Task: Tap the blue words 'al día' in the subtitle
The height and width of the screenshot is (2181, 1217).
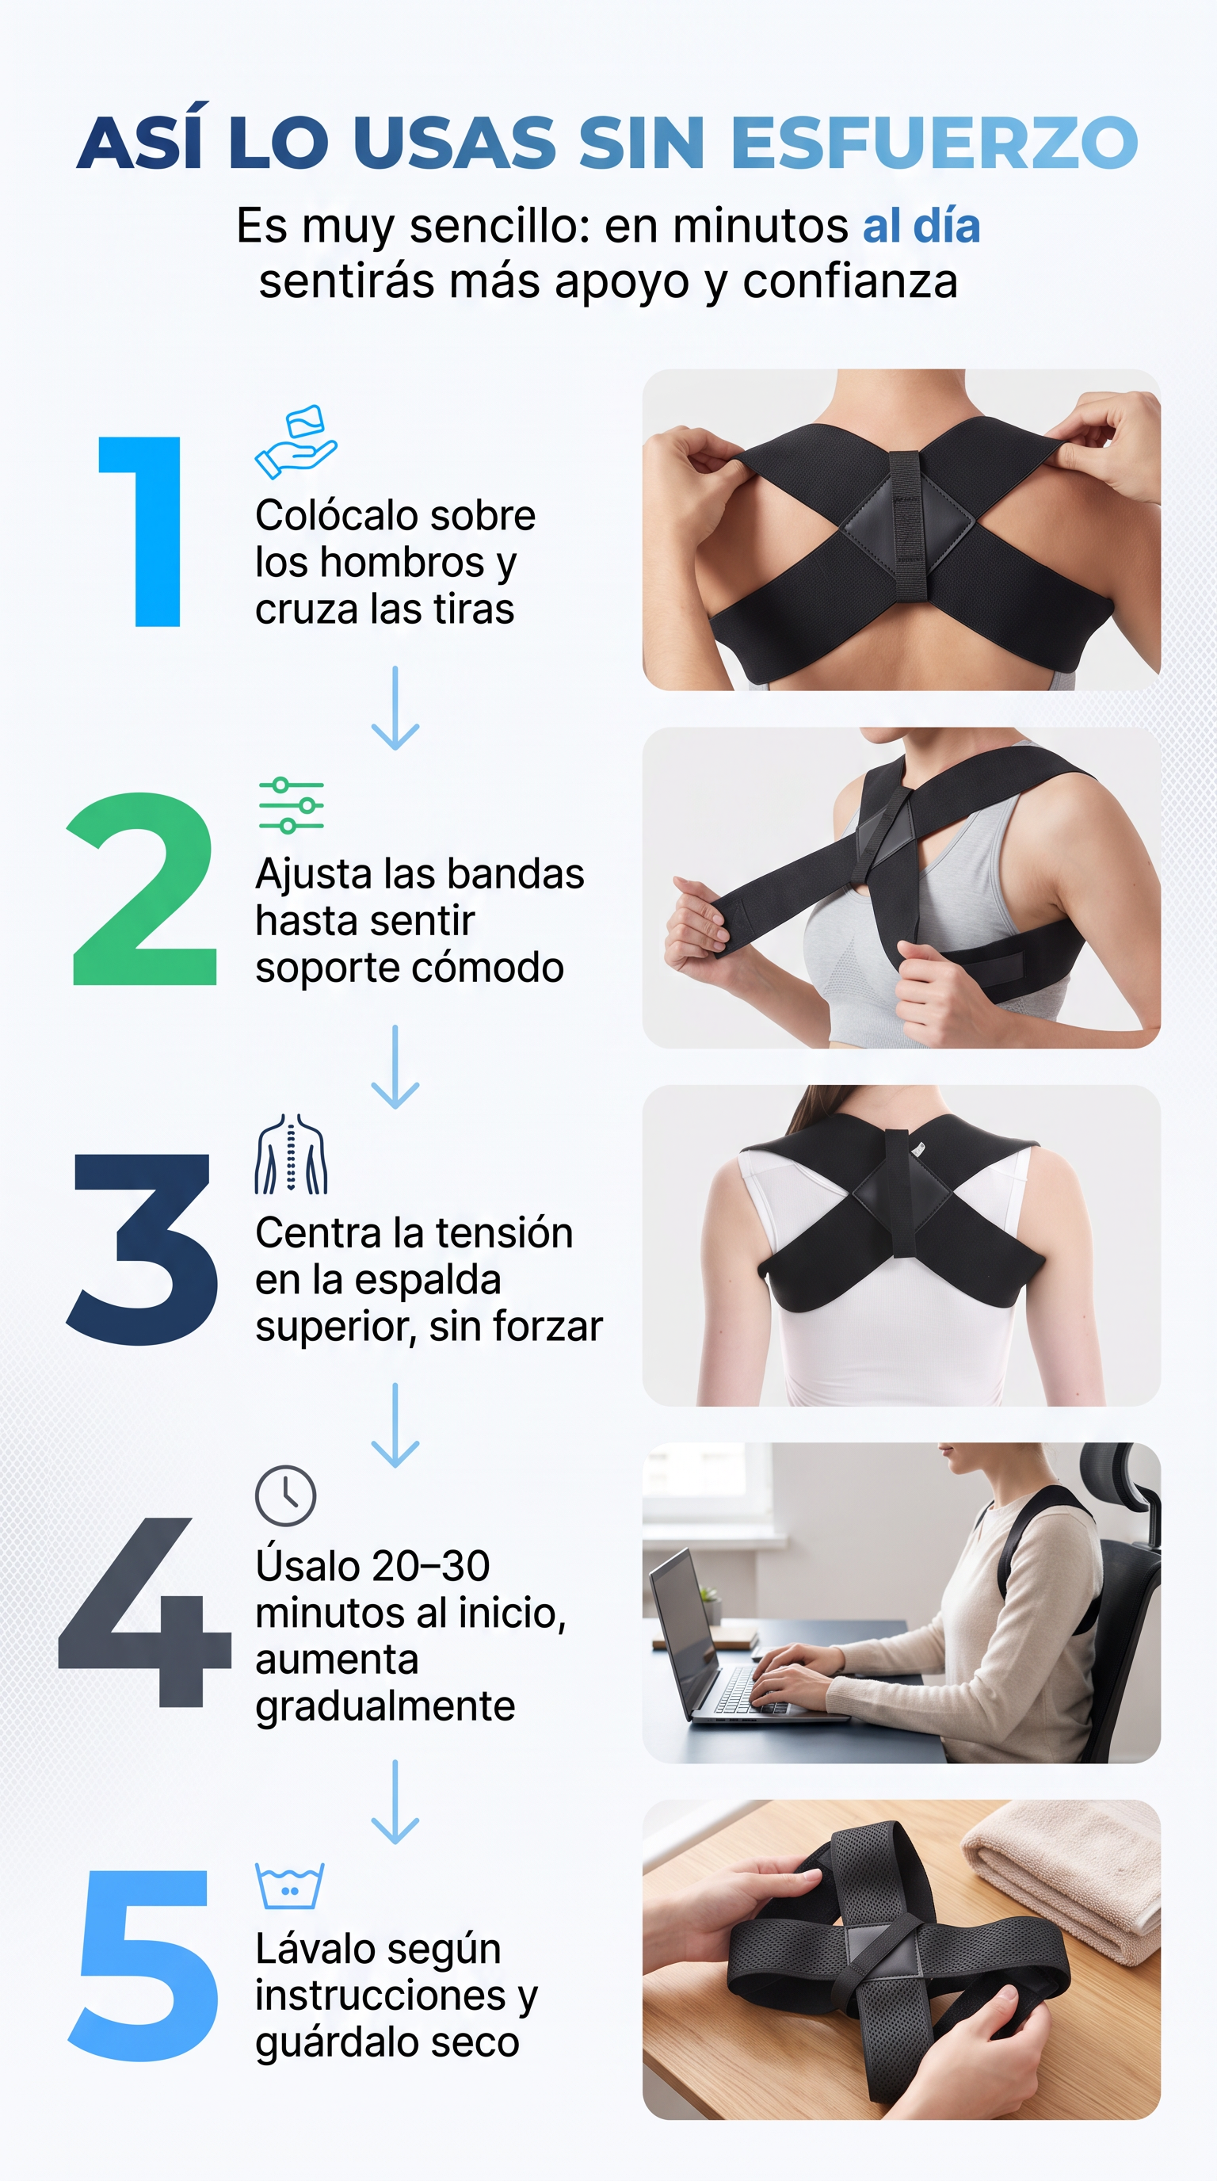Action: point(921,226)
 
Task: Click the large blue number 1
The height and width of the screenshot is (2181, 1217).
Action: point(141,532)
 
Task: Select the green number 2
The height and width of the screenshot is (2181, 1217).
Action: point(141,889)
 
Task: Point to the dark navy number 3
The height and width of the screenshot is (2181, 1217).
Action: point(141,1249)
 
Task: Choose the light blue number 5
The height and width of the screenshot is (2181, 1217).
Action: point(141,1966)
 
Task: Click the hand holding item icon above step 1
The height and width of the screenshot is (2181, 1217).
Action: point(296,441)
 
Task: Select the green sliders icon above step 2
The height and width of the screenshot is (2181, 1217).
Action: point(291,805)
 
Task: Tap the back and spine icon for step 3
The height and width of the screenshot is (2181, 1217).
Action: point(291,1154)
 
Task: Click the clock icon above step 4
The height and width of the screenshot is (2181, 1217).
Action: point(286,1496)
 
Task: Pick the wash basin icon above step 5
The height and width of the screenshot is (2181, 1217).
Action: point(289,1887)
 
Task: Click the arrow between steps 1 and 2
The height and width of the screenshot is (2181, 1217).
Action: point(395,708)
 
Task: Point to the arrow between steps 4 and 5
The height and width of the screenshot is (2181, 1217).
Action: point(395,1801)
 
